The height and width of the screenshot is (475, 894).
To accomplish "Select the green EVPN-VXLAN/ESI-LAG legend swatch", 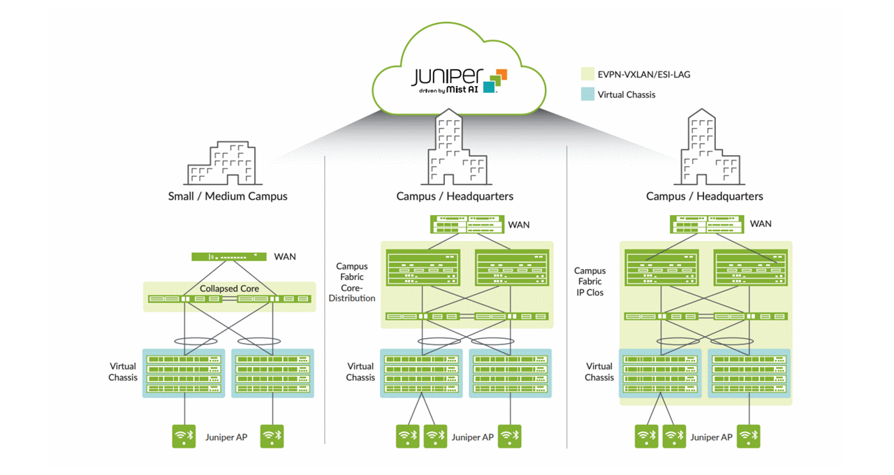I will (587, 74).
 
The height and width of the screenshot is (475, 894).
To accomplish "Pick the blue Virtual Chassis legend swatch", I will (587, 94).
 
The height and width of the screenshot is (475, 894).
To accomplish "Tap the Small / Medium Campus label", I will (228, 196).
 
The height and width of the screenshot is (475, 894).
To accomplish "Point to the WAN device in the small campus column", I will (229, 256).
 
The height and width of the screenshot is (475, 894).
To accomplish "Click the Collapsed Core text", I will (229, 288).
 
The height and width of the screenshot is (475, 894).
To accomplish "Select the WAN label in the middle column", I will (518, 224).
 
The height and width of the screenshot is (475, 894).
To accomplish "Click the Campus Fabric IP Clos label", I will (590, 282).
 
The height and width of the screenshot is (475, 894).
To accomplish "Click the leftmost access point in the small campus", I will (184, 437).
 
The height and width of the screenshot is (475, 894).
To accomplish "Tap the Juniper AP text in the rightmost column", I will (711, 437).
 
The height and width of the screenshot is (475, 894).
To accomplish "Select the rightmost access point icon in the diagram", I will (748, 437).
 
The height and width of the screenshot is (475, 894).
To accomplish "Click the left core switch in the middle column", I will (423, 268).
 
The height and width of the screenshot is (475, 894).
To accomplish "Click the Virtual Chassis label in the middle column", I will (361, 372).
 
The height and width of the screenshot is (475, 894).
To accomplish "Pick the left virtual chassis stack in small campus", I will (184, 374).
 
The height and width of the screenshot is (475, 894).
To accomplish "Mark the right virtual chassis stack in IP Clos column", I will (750, 374).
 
